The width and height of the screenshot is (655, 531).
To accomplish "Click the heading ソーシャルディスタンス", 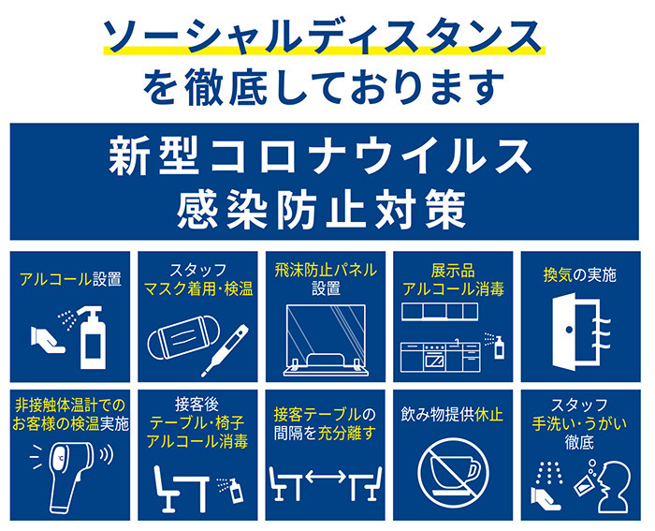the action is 324,36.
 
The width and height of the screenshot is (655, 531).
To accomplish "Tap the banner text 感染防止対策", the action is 322,209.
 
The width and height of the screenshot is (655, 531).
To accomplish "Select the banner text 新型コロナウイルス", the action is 320,155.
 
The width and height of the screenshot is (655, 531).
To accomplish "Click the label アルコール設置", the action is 70,279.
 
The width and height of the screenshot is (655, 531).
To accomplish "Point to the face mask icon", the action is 183,337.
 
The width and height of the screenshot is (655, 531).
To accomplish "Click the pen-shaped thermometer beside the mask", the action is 225,350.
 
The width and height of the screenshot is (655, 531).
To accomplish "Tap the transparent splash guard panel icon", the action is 326,340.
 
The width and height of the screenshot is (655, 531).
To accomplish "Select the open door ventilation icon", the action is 581,331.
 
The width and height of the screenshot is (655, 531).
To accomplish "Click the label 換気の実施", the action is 580,274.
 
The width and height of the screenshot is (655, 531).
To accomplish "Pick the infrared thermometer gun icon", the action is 71,475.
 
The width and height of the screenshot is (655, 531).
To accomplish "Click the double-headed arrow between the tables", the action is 326,477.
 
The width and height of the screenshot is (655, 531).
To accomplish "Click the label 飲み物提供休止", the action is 452,415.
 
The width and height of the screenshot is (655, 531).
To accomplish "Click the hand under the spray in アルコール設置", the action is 47,340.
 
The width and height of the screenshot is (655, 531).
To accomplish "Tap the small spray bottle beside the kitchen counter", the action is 499,347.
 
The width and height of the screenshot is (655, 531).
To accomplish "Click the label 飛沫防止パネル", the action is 326,270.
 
